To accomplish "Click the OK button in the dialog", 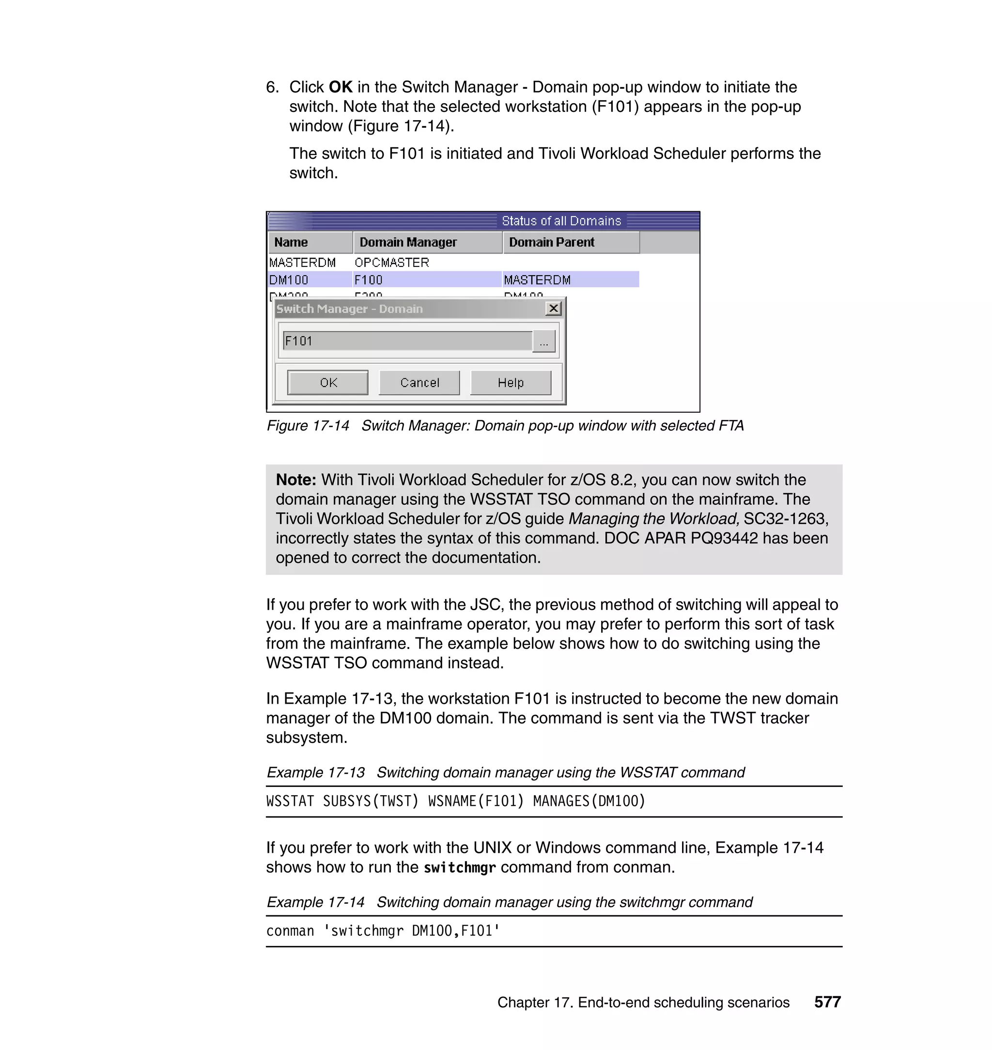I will point(327,382).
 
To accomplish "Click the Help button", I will point(510,382).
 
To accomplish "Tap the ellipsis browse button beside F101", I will point(543,341).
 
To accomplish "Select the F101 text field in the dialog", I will point(407,341).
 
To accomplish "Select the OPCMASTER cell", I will point(392,262).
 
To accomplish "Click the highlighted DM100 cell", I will point(289,279).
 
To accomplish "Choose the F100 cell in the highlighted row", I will point(369,279).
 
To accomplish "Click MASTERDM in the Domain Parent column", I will point(537,279).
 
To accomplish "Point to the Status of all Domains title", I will point(561,220).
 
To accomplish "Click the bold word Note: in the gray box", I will point(295,479).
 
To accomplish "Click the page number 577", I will point(827,1002).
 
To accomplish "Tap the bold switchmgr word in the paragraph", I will point(460,867).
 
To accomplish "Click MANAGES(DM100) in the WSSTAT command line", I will point(589,801).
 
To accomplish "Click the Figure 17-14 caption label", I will point(308,426).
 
